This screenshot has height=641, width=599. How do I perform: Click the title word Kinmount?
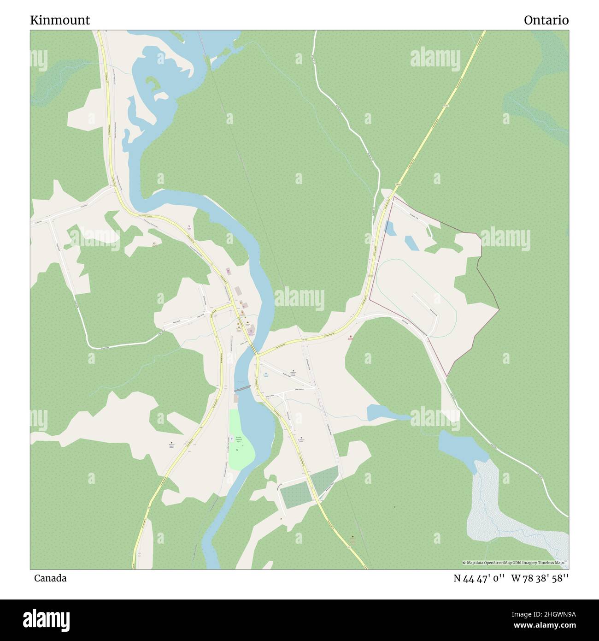[60, 20]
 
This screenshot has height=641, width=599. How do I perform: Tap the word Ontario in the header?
[546, 20]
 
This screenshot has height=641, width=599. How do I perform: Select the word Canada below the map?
[50, 578]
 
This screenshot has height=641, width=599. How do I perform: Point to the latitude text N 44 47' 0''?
[480, 578]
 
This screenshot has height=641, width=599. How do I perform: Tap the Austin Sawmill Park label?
[239, 439]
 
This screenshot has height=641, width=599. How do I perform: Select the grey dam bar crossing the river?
[242, 389]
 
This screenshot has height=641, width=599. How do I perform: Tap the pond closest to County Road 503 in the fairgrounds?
[389, 228]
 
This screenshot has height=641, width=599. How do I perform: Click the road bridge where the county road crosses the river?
[255, 354]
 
